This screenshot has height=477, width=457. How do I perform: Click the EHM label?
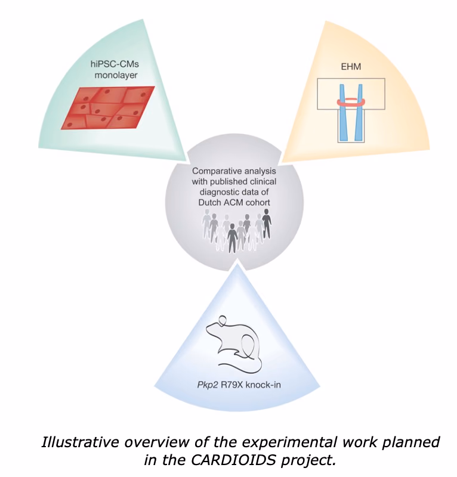pos(351,67)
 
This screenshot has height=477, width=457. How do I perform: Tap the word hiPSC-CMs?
pos(115,64)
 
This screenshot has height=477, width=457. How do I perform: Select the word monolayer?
pos(116,75)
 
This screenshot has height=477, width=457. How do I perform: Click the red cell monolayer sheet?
pos(108,108)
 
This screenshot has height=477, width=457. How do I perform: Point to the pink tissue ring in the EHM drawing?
pos(351,104)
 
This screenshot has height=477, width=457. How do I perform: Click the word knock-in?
pos(263,385)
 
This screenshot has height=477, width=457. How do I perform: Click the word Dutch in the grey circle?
pos(211,202)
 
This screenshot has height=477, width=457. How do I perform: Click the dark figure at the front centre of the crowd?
pos(232,238)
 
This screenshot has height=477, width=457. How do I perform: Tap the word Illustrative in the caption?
pos(80,442)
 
